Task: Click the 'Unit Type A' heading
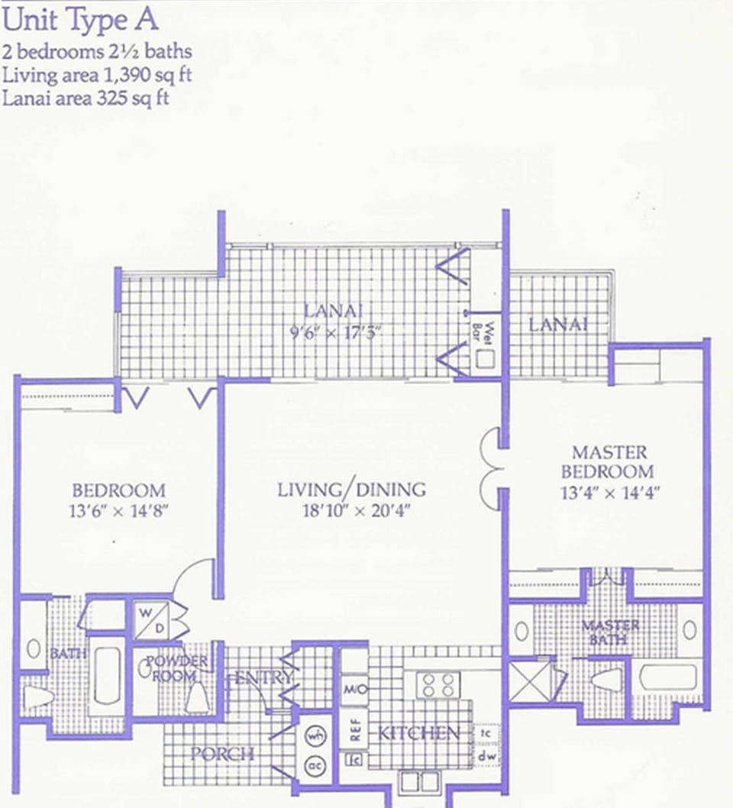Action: (x=80, y=20)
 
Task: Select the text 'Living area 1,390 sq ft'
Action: (x=96, y=76)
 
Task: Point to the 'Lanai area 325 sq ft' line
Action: (x=86, y=99)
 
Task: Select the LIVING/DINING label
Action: (x=351, y=489)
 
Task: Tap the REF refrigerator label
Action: (x=354, y=728)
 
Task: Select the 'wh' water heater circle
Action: (x=315, y=735)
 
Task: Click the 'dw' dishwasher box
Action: (x=483, y=756)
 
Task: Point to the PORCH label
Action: (x=222, y=754)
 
